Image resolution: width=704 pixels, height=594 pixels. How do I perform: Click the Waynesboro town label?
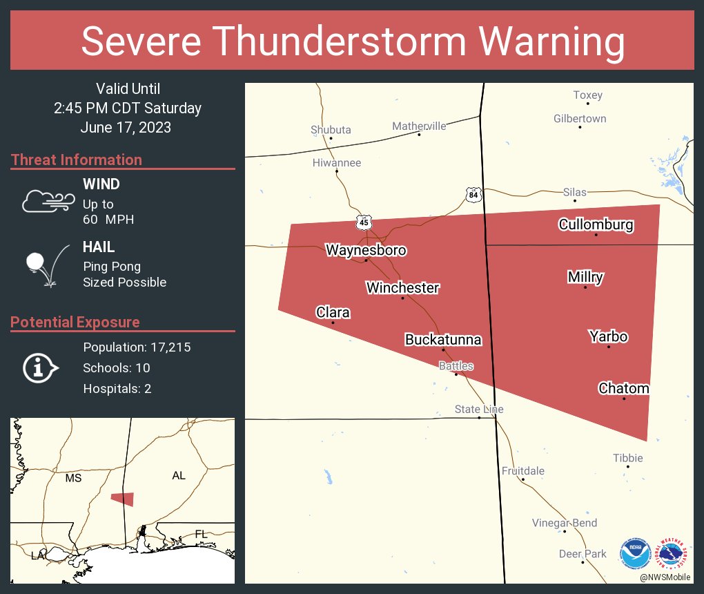pos(366,250)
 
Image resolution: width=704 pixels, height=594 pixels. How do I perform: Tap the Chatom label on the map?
pos(623,388)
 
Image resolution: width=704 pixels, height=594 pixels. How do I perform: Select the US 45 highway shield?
pos(364,222)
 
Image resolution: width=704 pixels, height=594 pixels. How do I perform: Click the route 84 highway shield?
pos(472,195)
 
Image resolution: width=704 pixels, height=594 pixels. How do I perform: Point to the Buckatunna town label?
pos(442,340)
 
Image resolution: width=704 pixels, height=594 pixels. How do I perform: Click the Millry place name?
pos(585,277)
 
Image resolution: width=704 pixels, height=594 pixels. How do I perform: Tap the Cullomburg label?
pos(596,224)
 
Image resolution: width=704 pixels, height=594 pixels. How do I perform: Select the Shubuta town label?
pos(331,130)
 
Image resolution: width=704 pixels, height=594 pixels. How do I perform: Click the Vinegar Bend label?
pos(564,523)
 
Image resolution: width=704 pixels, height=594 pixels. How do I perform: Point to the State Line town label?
pos(478,410)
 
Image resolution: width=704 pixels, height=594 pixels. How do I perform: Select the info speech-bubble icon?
pos(41,367)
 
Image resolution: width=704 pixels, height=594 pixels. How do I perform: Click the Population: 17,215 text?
pos(137,347)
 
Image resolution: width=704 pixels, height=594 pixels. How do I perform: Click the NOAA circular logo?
pos(635,554)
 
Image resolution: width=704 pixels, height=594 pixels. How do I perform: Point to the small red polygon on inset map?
pos(123,499)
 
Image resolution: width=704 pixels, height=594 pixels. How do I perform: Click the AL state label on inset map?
pos(178,475)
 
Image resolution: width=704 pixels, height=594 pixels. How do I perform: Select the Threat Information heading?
pos(77,160)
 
